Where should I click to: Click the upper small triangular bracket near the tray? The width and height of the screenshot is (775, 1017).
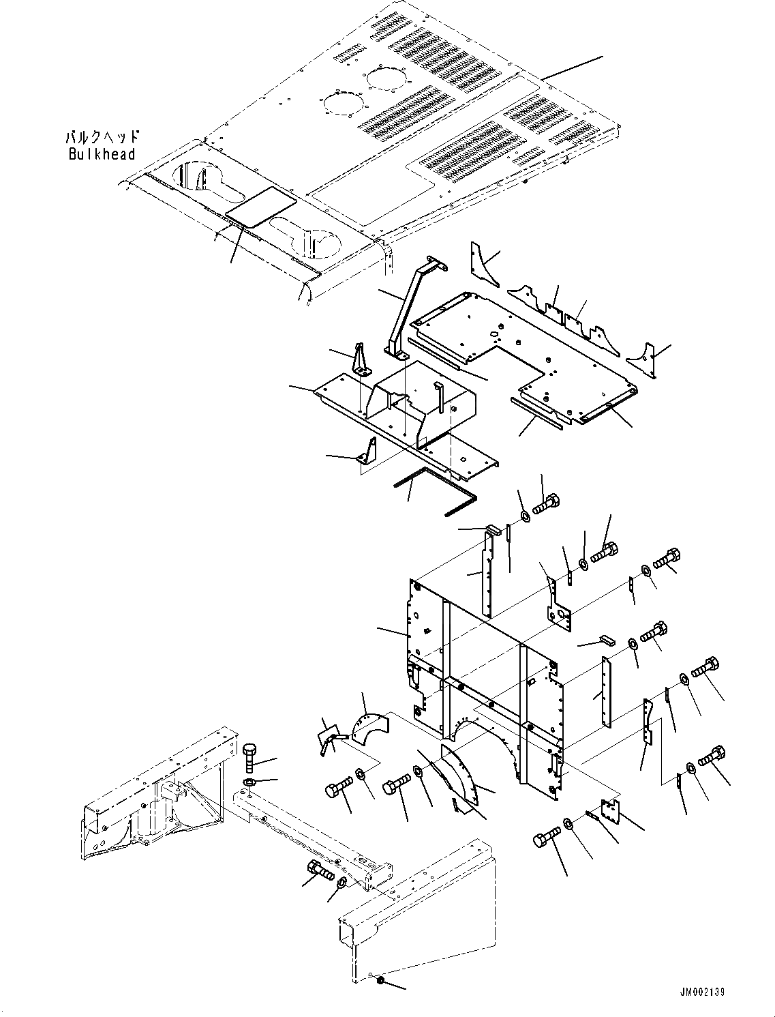pos(360,359)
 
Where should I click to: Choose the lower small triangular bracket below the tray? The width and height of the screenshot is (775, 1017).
pos(368,451)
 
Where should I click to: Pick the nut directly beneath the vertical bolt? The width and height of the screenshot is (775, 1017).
pos(250,781)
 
